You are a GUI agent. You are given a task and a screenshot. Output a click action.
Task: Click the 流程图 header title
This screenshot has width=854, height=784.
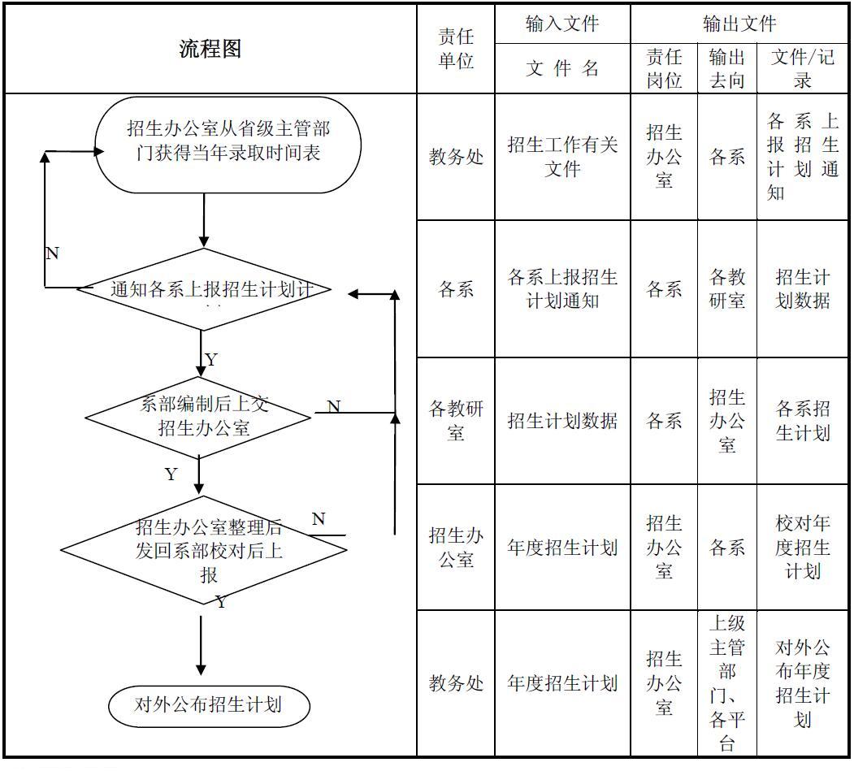pyautogui.click(x=210, y=49)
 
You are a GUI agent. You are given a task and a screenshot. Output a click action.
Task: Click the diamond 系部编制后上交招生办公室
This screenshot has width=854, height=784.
pyautogui.click(x=199, y=417)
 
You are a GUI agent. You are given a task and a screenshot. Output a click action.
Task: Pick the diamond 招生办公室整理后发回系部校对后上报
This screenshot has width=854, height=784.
pyautogui.click(x=205, y=550)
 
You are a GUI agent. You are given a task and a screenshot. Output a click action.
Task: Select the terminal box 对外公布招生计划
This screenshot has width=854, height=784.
pyautogui.click(x=209, y=704)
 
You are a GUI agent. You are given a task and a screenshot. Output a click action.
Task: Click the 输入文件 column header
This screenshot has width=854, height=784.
pyautogui.click(x=562, y=24)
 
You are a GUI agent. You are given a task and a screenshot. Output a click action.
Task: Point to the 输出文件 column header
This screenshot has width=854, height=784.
pyautogui.click(x=739, y=24)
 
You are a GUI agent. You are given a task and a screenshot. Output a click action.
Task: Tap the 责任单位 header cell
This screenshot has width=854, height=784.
pyautogui.click(x=456, y=49)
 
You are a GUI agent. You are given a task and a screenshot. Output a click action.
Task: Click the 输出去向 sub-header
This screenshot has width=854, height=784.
pyautogui.click(x=726, y=68)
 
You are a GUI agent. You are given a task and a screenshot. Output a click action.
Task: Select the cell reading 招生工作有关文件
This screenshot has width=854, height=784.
pyautogui.click(x=562, y=156)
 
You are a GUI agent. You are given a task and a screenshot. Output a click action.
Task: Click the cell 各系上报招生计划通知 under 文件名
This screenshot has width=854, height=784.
pyautogui.click(x=562, y=288)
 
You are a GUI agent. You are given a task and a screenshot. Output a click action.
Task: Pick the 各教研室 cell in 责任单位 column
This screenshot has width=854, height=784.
pyautogui.click(x=456, y=420)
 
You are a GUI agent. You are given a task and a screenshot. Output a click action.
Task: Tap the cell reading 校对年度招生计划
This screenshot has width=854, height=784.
pyautogui.click(x=802, y=547)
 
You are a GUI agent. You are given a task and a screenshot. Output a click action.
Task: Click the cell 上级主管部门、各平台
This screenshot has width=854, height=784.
pyautogui.click(x=726, y=683)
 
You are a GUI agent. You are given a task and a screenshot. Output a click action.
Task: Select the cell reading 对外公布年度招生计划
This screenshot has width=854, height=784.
pyautogui.click(x=802, y=683)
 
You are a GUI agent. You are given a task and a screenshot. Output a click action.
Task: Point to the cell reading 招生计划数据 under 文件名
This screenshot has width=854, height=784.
pyautogui.click(x=562, y=420)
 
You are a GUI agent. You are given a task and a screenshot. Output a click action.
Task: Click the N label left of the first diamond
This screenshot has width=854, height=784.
pyautogui.click(x=52, y=253)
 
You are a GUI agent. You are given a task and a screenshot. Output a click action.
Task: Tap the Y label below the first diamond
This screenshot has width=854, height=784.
pyautogui.click(x=211, y=359)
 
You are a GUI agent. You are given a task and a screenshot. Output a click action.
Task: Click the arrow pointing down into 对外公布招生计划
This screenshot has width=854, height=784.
pyautogui.click(x=201, y=650)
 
